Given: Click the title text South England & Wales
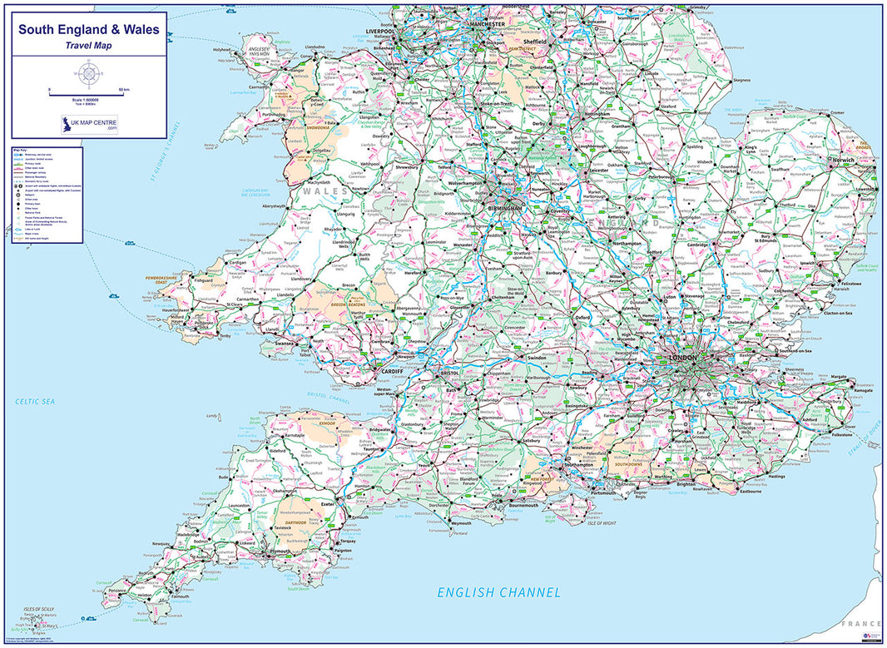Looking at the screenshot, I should click(x=88, y=29).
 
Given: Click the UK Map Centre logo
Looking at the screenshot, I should click(x=88, y=126).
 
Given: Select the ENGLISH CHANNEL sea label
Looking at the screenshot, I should click(x=499, y=592).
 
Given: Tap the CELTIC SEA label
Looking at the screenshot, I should click(x=34, y=402).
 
